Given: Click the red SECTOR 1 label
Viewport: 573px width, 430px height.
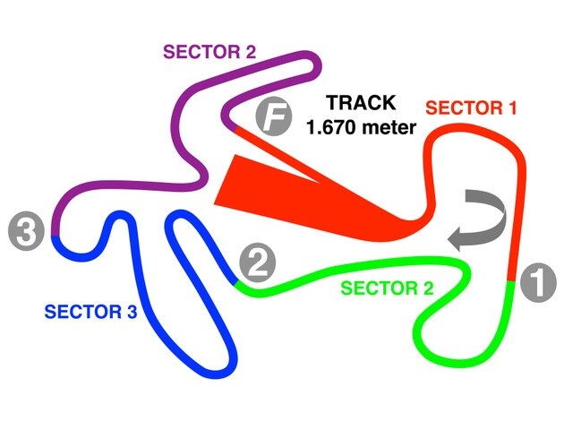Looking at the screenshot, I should [x=471, y=109].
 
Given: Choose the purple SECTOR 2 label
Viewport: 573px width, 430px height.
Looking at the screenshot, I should [x=209, y=51].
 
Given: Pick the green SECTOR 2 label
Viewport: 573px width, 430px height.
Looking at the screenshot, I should [x=388, y=288].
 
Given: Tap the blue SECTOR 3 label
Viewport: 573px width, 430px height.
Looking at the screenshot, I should [x=90, y=312].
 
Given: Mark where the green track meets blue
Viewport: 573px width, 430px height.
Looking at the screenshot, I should [x=237, y=283].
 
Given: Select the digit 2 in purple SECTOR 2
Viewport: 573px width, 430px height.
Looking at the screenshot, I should [x=249, y=51].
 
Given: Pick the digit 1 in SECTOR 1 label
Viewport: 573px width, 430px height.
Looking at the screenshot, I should [x=512, y=109].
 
